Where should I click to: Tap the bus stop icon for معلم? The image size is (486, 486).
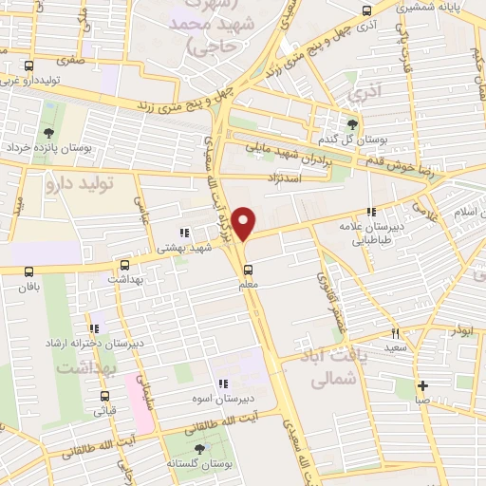(x=249, y=268)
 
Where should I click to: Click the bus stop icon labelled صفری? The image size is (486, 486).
(x=29, y=65)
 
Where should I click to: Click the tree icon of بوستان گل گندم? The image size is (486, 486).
(x=352, y=123)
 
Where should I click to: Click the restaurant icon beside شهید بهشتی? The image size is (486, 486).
(x=184, y=231)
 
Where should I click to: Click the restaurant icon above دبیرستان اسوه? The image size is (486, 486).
(x=222, y=383)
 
